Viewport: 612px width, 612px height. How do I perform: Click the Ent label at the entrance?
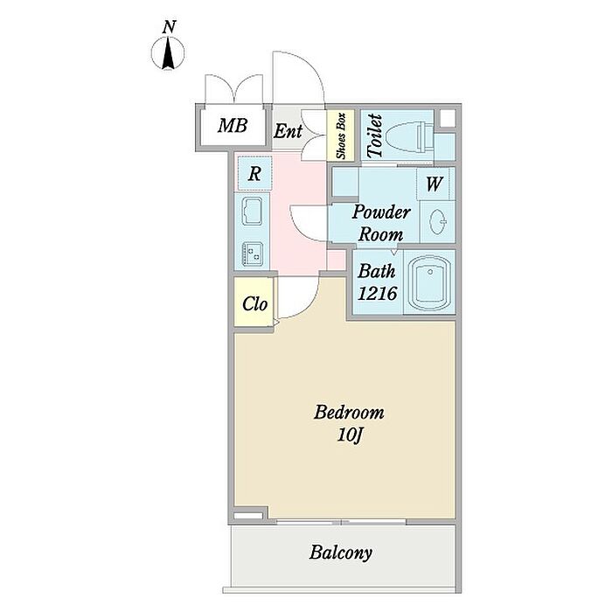288,132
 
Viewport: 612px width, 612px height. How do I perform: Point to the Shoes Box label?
341,135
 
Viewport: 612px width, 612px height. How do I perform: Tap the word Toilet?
375,136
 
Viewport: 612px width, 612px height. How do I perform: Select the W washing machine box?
435,184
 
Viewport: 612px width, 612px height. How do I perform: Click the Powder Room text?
382,223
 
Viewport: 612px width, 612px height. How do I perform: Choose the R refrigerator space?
254,174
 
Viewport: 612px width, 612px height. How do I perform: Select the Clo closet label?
254,305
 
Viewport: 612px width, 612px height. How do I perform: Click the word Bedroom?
349,413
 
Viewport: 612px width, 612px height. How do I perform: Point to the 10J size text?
349,435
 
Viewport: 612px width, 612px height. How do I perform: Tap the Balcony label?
341,553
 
